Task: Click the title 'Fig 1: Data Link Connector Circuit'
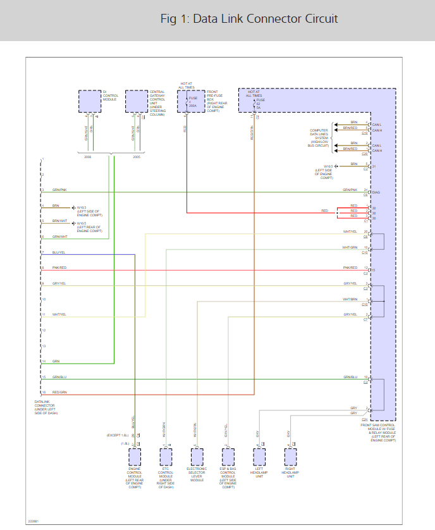coord(249,19)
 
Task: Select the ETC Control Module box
coord(166,457)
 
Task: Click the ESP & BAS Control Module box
coord(228,457)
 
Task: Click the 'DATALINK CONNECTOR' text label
coord(46,405)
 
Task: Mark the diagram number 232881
coord(33,521)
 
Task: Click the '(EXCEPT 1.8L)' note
coord(117,436)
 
